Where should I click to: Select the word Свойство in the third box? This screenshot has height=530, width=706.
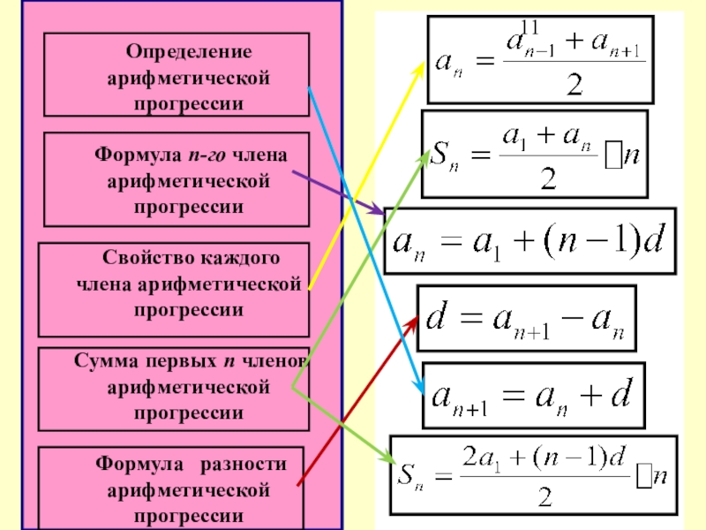click(146, 258)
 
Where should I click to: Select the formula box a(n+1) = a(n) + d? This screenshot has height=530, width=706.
click(533, 394)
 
